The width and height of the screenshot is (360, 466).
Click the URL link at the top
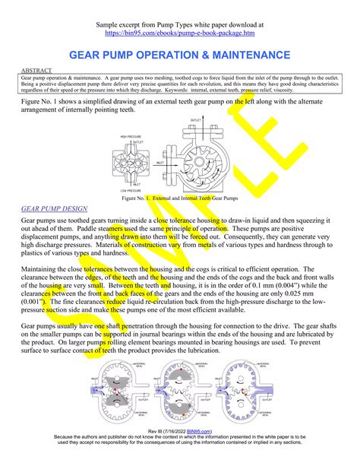pyautogui.click(x=180, y=33)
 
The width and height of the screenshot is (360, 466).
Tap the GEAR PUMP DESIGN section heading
pyautogui.click(x=54, y=208)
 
